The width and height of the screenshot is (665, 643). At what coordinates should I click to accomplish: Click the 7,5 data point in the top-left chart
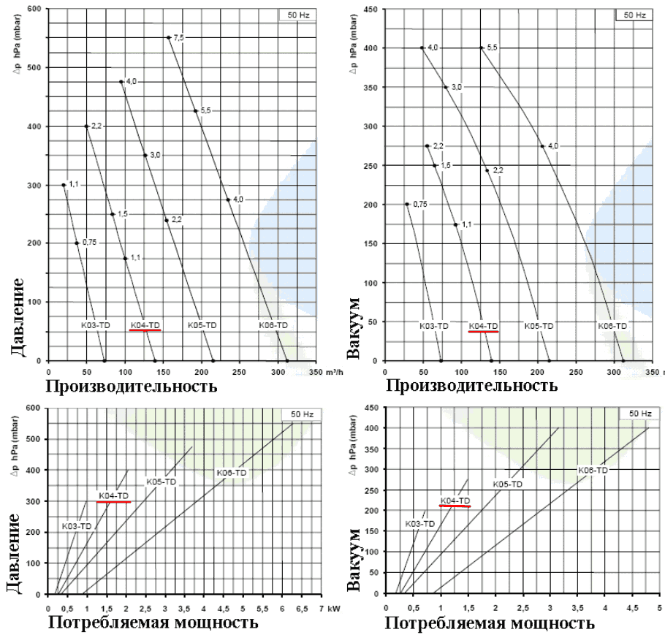pos(169,37)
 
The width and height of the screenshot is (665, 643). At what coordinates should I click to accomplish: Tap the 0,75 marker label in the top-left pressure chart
pos(90,242)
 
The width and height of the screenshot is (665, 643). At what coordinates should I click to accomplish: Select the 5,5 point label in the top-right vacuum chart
pos(493,47)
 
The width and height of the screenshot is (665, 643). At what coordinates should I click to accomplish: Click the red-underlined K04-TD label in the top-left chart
pos(145,324)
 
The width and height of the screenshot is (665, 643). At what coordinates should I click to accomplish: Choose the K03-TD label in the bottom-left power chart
pos(76,526)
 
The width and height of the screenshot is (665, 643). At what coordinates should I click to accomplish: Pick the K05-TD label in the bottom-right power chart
pos(507,484)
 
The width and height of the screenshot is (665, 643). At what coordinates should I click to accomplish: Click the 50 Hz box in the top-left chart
pos(297,15)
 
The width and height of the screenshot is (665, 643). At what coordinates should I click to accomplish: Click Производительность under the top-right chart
pos(469,384)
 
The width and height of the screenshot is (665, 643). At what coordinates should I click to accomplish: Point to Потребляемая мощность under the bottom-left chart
pos(153,623)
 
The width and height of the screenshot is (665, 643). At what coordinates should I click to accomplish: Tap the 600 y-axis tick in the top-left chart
pos(34,9)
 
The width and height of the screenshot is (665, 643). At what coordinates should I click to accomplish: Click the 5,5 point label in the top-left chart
pos(205,110)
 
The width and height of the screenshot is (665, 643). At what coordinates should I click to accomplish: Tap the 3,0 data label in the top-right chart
pos(457,87)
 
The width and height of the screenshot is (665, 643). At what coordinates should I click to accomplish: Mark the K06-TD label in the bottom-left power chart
pos(232,473)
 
